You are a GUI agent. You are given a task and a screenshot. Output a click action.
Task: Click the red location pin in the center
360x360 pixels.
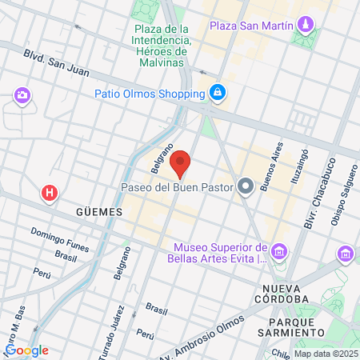pyautogui.click(x=181, y=162)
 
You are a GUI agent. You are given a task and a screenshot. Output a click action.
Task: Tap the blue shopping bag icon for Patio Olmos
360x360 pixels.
pyautogui.click(x=217, y=94)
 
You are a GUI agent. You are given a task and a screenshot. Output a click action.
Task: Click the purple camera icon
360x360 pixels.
pyautogui.click(x=22, y=97)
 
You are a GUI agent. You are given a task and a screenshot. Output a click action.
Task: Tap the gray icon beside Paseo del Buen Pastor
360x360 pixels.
pyautogui.click(x=246, y=188)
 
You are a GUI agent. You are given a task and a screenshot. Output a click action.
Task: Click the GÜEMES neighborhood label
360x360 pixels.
pyautogui.click(x=98, y=212)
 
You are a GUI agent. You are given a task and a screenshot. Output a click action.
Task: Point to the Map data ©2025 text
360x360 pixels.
pyautogui.click(x=326, y=354)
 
